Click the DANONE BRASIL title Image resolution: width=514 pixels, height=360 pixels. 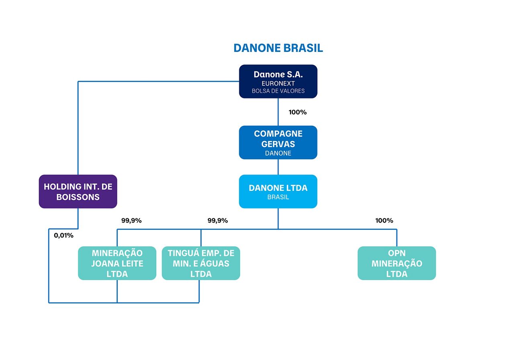(x=278, y=48)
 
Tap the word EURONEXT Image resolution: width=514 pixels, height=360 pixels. (x=278, y=84)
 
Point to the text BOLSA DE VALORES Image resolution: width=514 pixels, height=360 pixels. (x=278, y=91)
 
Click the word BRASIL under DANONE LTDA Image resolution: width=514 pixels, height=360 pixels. (x=278, y=197)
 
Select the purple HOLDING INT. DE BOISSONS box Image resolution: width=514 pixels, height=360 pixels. (x=78, y=191)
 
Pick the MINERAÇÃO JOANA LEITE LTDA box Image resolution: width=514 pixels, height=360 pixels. (x=117, y=263)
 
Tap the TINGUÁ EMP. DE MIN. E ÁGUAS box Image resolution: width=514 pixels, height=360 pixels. (x=201, y=263)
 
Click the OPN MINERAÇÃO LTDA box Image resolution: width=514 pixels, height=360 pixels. (x=396, y=263)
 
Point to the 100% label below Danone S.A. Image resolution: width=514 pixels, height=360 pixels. (x=298, y=112)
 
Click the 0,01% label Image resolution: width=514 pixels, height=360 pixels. (x=64, y=235)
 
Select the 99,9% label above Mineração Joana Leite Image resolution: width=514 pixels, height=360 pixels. (x=131, y=221)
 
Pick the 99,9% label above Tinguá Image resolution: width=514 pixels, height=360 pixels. (x=218, y=221)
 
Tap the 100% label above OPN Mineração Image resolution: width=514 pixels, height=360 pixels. (x=384, y=221)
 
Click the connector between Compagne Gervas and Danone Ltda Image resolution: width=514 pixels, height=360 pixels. (x=278, y=167)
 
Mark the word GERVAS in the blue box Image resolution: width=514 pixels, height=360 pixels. (x=278, y=144)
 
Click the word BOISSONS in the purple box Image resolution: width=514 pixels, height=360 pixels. (x=78, y=197)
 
